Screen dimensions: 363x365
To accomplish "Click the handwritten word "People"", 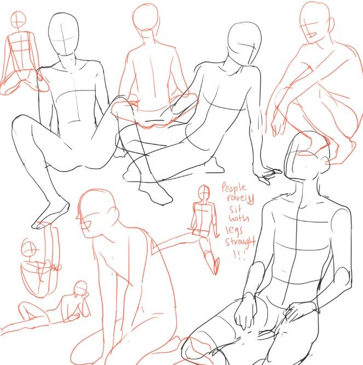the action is tap(234, 187).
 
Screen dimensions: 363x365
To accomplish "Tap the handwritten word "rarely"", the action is tap(240, 198).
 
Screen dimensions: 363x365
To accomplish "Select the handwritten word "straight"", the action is tap(240, 242).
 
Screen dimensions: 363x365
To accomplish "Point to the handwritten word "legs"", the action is tap(234, 230).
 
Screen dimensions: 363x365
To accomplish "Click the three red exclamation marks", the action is tap(239, 255).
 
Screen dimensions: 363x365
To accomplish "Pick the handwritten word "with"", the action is tap(239, 218).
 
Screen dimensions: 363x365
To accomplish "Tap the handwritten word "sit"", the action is tap(235, 209).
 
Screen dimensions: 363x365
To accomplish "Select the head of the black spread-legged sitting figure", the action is tap(64, 35).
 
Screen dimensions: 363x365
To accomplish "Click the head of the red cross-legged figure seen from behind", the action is tap(146, 17).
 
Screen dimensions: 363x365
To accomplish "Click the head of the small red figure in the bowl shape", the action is tap(28, 248).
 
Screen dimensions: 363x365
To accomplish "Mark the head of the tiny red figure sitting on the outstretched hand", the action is tap(204, 191).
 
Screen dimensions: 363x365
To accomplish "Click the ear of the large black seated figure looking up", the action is tap(325, 161).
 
